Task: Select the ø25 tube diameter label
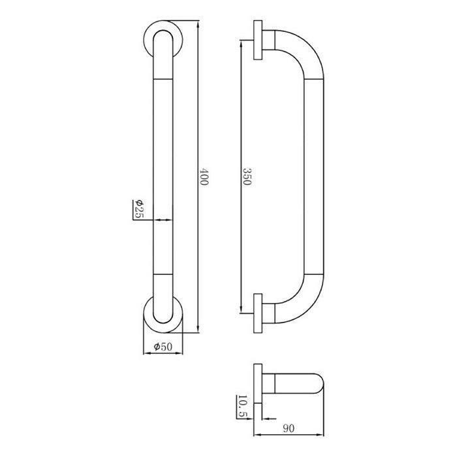click(x=139, y=209)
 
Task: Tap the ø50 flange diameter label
click(x=163, y=347)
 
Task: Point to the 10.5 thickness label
click(x=242, y=407)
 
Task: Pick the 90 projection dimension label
click(x=289, y=428)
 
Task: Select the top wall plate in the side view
click(x=258, y=40)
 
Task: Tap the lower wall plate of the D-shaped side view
click(x=258, y=313)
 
